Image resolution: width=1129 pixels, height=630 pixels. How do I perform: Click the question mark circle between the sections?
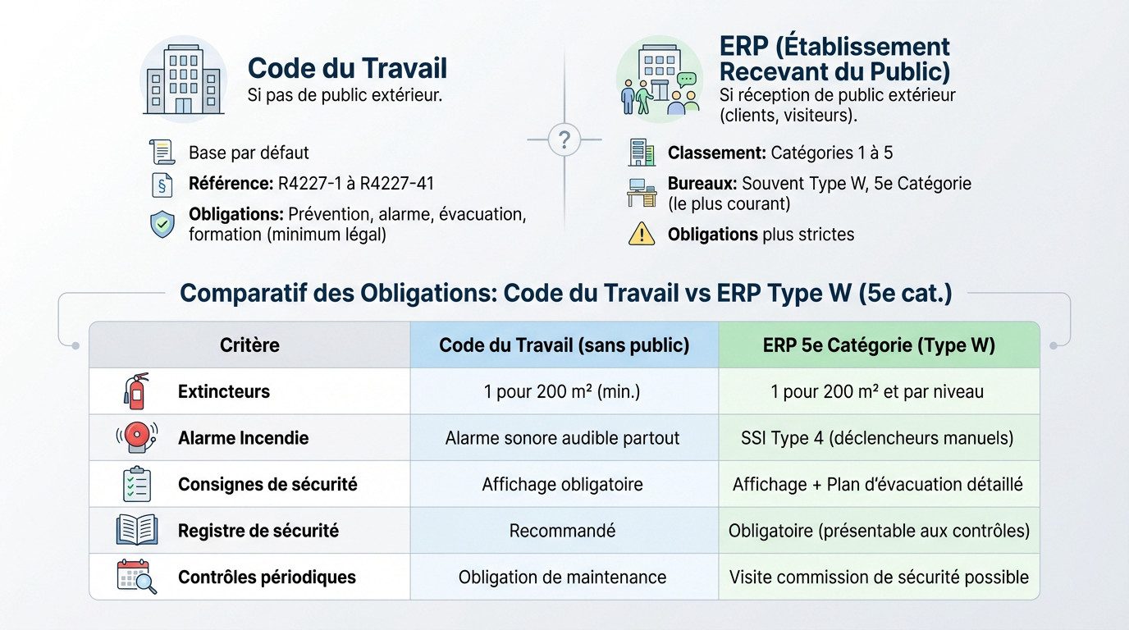[564, 139]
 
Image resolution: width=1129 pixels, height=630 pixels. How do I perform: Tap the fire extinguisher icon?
[135, 391]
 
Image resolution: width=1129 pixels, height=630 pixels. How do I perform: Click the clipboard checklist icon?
[135, 484]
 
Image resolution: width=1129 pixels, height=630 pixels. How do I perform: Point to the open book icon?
[136, 530]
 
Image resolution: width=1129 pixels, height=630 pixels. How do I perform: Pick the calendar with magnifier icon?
[136, 577]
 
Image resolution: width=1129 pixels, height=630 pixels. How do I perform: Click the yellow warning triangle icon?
[641, 235]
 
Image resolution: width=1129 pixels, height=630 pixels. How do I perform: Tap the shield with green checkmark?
[162, 224]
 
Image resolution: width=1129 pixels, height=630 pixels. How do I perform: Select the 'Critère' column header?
[249, 345]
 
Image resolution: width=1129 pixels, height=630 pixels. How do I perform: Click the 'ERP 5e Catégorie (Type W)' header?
[879, 345]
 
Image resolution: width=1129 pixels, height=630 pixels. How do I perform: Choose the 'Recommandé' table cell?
[562, 531]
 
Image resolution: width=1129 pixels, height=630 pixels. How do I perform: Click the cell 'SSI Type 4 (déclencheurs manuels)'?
[877, 438]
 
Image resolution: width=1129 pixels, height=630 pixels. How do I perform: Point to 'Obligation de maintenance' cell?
[562, 577]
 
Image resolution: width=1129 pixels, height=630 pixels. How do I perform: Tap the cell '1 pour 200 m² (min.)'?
[562, 392]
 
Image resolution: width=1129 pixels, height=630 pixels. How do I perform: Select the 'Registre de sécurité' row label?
[258, 531]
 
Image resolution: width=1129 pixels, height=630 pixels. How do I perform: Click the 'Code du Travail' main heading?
[347, 69]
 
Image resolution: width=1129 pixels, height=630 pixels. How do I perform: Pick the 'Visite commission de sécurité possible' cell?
[879, 577]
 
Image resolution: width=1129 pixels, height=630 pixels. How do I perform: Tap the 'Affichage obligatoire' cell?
[562, 485]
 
